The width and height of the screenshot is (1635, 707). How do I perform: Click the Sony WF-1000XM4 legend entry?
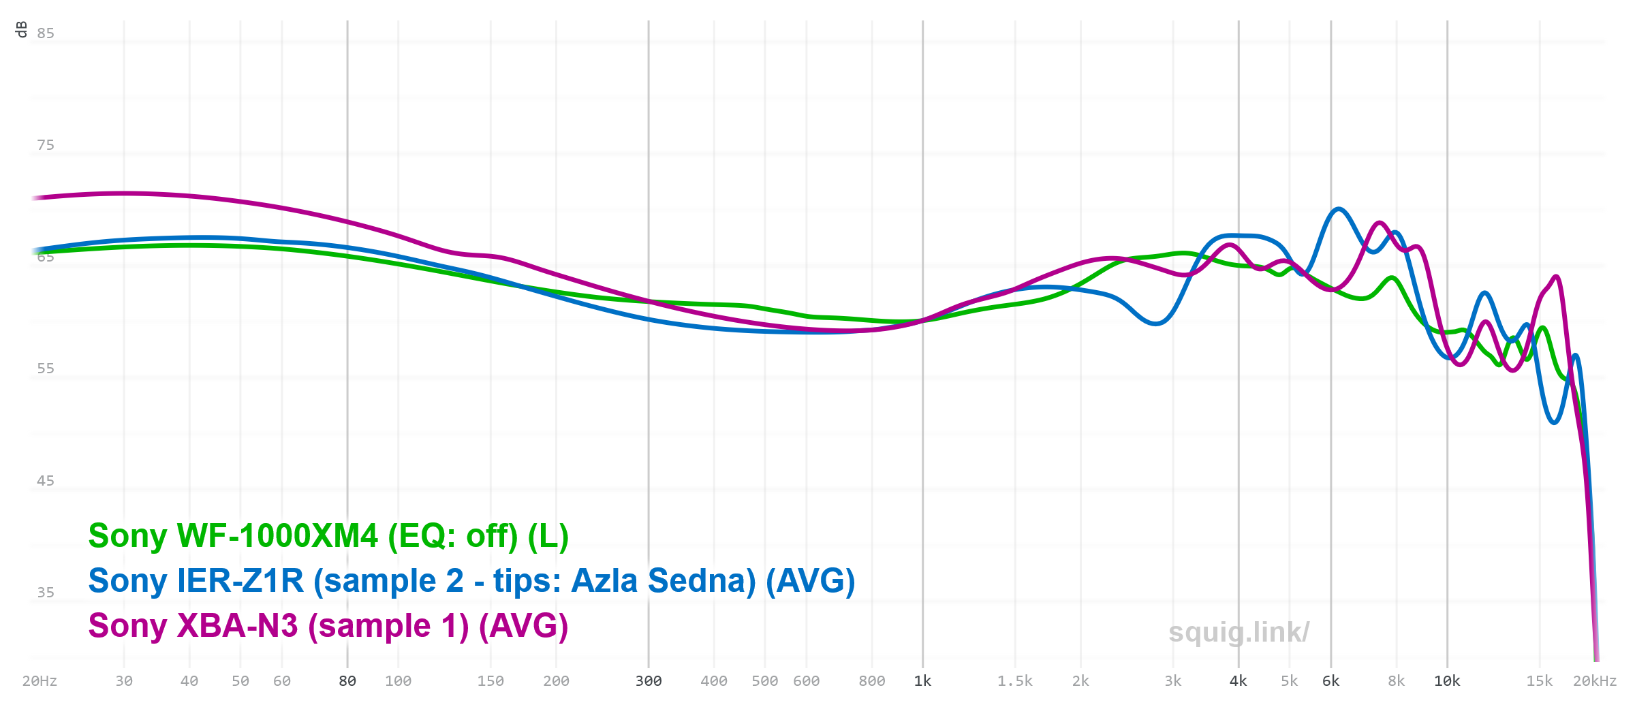click(x=328, y=536)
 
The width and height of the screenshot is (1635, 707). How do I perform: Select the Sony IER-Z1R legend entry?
click(x=471, y=581)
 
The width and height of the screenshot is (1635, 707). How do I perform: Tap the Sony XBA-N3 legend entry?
click(x=328, y=626)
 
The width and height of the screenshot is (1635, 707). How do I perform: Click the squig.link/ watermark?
click(x=1239, y=632)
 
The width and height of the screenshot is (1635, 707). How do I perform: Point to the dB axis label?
click(x=21, y=29)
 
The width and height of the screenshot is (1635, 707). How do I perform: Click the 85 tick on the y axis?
click(x=46, y=33)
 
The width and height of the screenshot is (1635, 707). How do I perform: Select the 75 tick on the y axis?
click(x=46, y=145)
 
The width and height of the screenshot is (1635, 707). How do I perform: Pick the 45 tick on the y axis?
click(x=46, y=481)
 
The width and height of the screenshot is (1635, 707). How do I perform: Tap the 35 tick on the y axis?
click(x=46, y=593)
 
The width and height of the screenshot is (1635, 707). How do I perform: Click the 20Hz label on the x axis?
click(x=40, y=681)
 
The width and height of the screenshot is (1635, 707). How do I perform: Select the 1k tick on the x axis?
click(x=922, y=681)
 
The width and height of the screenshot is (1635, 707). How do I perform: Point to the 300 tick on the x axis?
click(x=649, y=681)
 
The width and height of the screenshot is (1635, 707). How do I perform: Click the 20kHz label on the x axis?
click(x=1594, y=681)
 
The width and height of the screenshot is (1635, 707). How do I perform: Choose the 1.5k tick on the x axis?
click(x=1014, y=681)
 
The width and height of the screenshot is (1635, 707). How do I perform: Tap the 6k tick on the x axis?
click(x=1330, y=681)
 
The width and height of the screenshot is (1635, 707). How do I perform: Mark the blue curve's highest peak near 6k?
click(x=1339, y=209)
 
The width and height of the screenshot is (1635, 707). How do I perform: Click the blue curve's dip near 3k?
click(x=1155, y=324)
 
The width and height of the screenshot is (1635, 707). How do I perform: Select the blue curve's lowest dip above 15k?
click(x=1554, y=422)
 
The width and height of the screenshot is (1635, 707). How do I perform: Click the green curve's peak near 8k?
click(x=1392, y=278)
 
